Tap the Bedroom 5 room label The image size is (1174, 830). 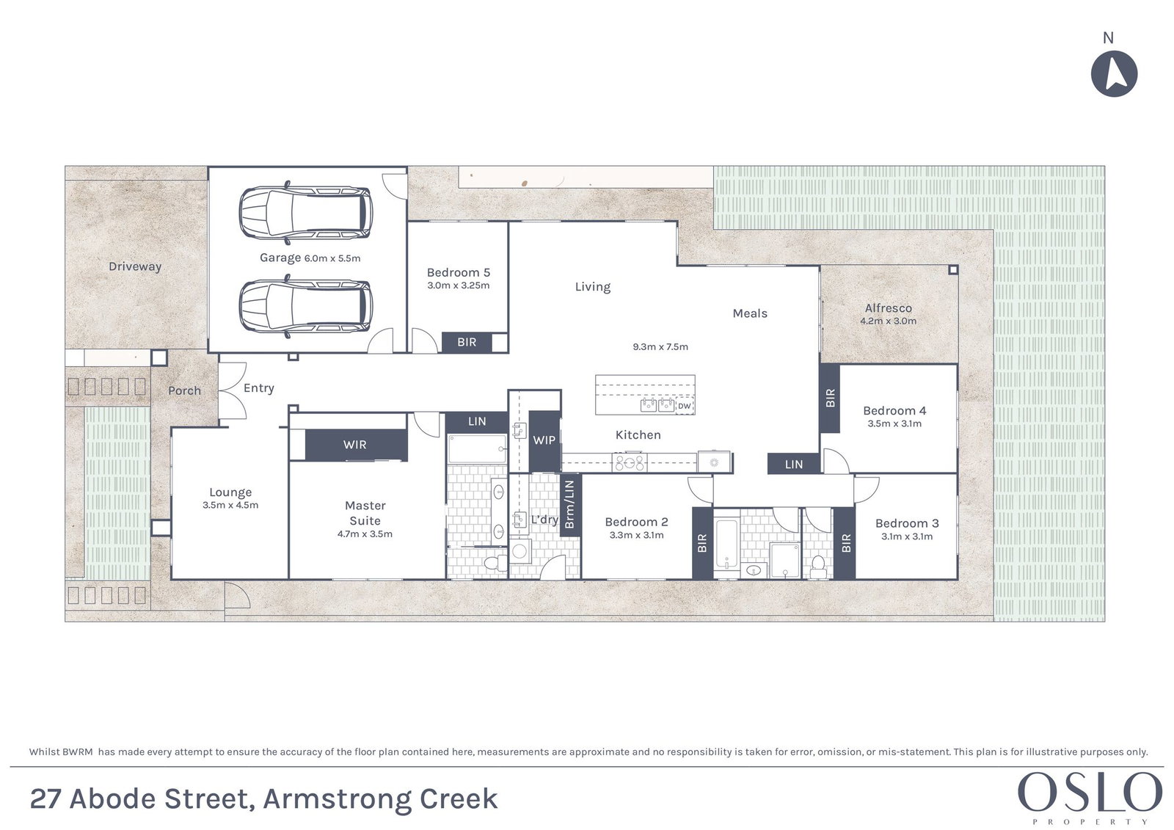(459, 272)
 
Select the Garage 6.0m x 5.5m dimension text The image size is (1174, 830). (332, 258)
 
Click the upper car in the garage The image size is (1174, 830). (306, 212)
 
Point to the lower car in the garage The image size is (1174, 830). (306, 306)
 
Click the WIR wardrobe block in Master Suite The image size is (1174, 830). (356, 445)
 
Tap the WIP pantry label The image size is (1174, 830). (544, 440)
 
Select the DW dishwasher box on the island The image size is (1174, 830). (685, 406)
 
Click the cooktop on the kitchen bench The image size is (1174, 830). (630, 462)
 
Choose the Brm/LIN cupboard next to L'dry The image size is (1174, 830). (570, 504)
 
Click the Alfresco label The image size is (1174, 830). (889, 308)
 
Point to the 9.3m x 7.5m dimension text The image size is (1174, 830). (660, 346)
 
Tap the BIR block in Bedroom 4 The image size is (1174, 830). (830, 398)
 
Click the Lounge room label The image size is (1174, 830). (230, 492)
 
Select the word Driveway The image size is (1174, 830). (135, 266)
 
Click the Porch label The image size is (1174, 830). (184, 390)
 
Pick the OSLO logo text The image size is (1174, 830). (1090, 793)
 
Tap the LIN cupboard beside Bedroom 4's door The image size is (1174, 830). (793, 464)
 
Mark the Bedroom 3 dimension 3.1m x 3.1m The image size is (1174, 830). (907, 536)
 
